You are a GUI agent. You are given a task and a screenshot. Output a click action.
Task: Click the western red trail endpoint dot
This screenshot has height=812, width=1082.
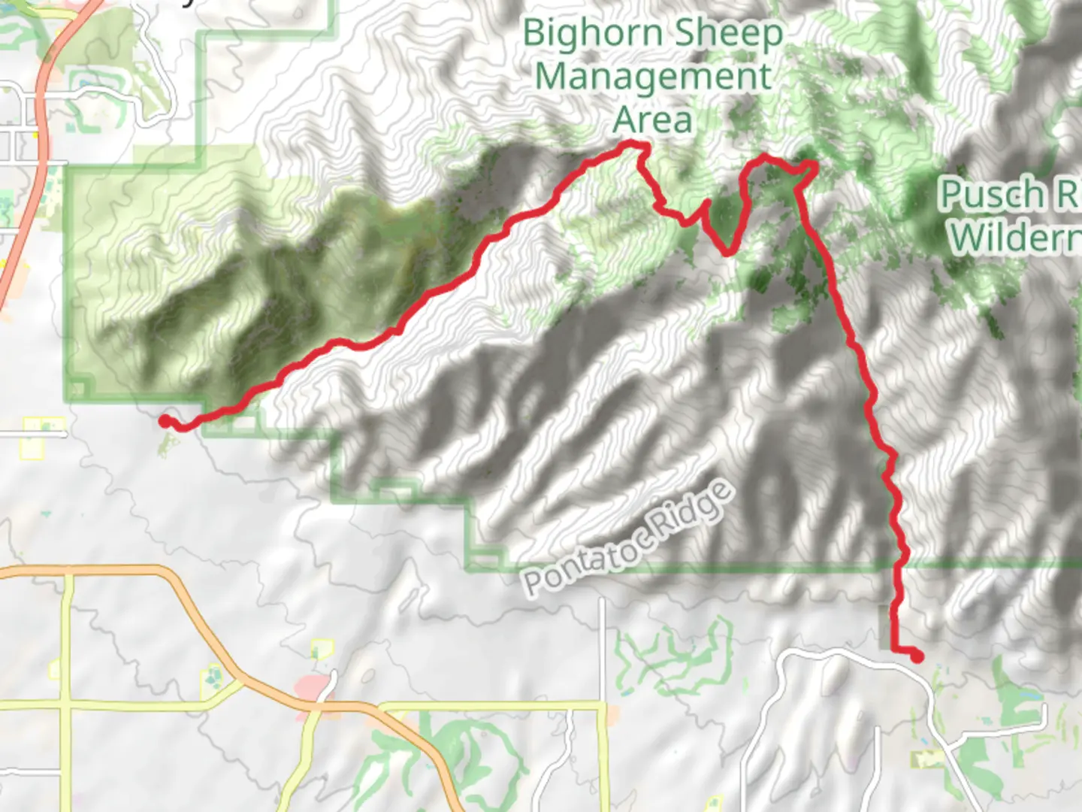pyautogui.click(x=165, y=421)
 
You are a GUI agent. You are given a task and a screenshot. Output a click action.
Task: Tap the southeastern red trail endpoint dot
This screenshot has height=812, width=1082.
pyautogui.click(x=917, y=656)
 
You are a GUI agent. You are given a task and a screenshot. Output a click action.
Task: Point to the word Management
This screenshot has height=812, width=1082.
pyautogui.click(x=653, y=77)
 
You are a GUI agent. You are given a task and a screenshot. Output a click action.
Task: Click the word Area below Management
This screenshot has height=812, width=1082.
pyautogui.click(x=652, y=120)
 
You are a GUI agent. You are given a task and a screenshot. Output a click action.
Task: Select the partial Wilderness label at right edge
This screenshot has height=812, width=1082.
pyautogui.click(x=1014, y=237)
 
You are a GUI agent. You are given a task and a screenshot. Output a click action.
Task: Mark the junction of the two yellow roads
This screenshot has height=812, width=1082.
pyautogui.click(x=68, y=705)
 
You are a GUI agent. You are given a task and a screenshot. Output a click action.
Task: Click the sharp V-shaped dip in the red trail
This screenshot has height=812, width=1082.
pyautogui.click(x=727, y=253)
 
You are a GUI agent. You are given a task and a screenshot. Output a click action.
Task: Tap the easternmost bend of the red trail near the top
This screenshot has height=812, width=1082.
pyautogui.click(x=814, y=165)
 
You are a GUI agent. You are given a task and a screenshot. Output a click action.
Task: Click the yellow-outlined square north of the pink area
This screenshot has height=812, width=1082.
pyautogui.click(x=322, y=649)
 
